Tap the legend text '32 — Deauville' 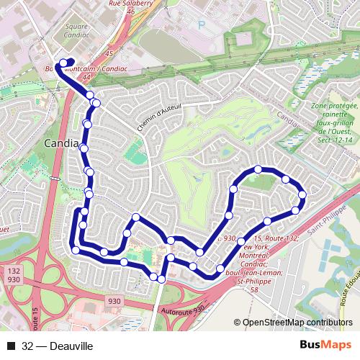(58, 346)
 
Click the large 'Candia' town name (61, 144)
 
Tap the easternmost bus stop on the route (302, 194)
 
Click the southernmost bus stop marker (162, 278)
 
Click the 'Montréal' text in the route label (257, 255)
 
